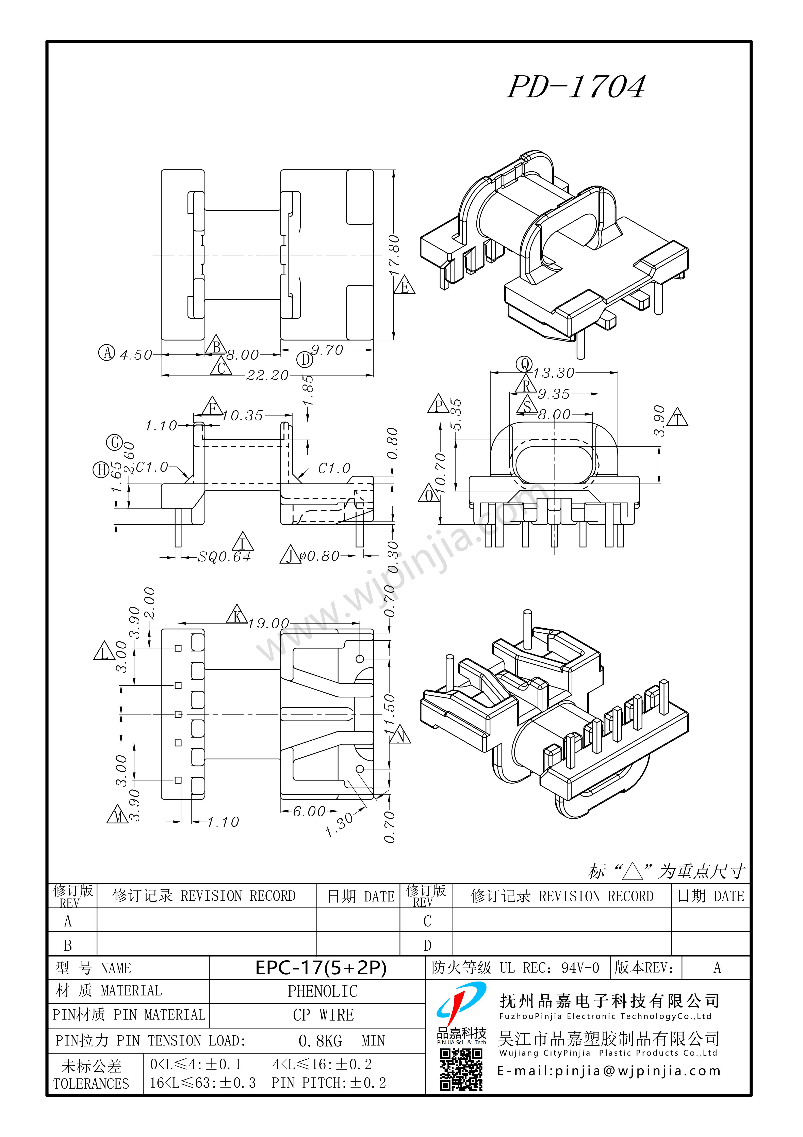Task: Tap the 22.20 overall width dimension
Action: [267, 375]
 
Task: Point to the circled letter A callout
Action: [106, 353]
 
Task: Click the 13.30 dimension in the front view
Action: [554, 373]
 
